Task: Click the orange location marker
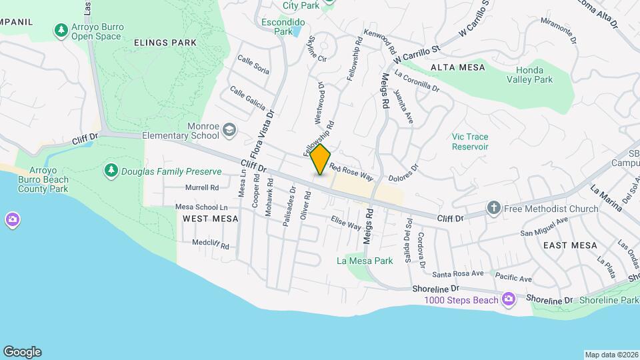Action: click(x=321, y=159)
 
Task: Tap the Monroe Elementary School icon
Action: click(x=230, y=129)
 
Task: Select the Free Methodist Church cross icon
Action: click(x=493, y=208)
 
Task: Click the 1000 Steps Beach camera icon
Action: click(x=509, y=299)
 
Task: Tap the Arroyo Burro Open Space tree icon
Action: click(x=61, y=29)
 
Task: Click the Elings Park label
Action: click(x=165, y=43)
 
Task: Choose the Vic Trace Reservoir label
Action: click(x=470, y=141)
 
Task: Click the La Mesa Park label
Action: click(x=365, y=261)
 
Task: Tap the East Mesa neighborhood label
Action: click(x=569, y=245)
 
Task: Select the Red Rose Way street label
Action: click(x=351, y=172)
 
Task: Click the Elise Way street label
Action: click(x=345, y=223)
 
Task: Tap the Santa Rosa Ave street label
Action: click(x=457, y=273)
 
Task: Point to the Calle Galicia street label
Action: click(x=247, y=99)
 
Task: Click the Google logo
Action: click(x=22, y=351)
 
